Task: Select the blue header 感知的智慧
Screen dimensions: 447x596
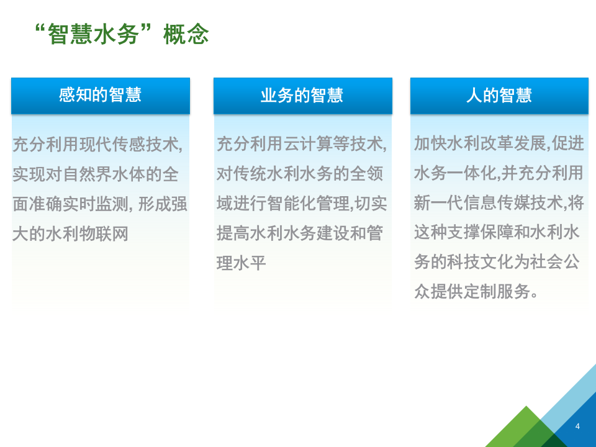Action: click(x=100, y=95)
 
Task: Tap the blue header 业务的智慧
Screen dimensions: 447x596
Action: click(x=302, y=95)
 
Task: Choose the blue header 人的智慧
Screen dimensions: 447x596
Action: click(x=499, y=95)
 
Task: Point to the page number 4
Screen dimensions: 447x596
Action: click(x=577, y=426)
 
